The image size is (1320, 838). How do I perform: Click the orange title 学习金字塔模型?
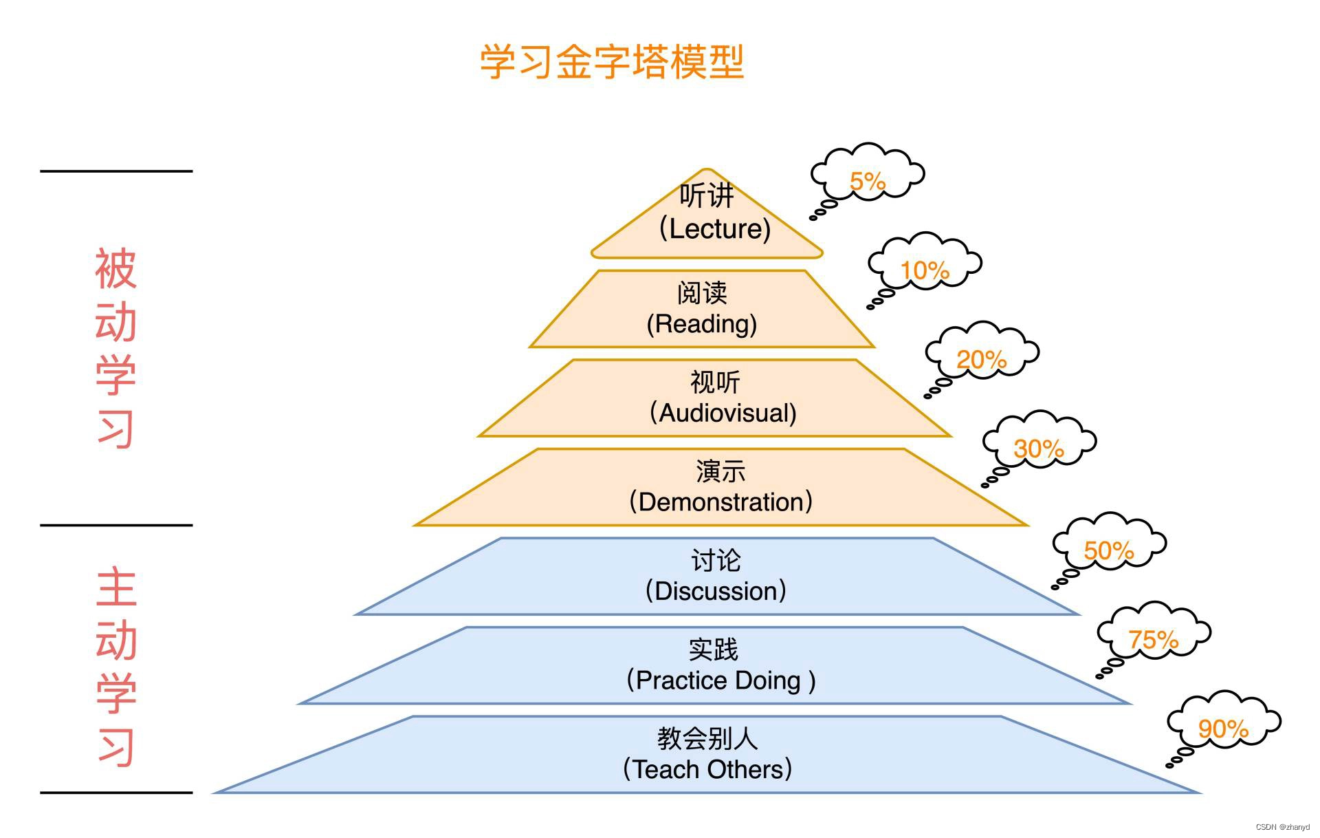pyautogui.click(x=611, y=63)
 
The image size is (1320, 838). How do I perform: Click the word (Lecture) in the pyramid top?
pyautogui.click(x=715, y=229)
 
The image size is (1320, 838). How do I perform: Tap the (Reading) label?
pyautogui.click(x=702, y=324)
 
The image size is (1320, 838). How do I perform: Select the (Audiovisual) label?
pyautogui.click(x=723, y=413)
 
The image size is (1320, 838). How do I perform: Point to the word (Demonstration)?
pyautogui.click(x=720, y=502)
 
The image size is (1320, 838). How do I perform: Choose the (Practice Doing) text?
pyautogui.click(x=720, y=680)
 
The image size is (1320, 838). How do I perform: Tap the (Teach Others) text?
pyautogui.click(x=707, y=769)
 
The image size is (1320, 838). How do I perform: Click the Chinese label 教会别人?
pyautogui.click(x=707, y=739)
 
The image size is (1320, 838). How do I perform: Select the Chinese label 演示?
pyautogui.click(x=720, y=472)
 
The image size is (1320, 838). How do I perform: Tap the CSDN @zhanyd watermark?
pyautogui.click(x=1282, y=827)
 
